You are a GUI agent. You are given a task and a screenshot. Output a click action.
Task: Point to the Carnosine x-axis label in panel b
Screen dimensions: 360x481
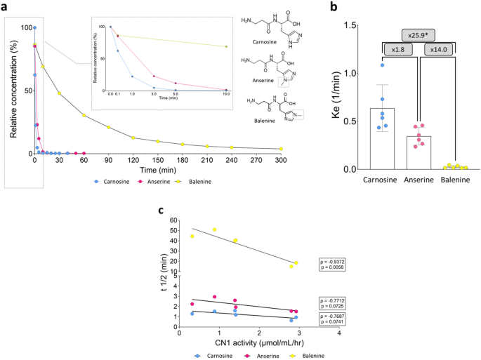coord(383,179)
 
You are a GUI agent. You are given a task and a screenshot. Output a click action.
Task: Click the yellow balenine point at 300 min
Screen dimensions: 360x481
coord(280,149)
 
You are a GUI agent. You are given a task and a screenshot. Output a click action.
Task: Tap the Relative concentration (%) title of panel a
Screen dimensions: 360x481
coord(9,87)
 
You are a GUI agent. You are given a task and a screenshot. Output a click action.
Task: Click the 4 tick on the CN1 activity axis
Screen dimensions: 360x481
coord(339,332)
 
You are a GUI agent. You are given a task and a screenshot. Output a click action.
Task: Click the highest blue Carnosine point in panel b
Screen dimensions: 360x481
coord(382,65)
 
